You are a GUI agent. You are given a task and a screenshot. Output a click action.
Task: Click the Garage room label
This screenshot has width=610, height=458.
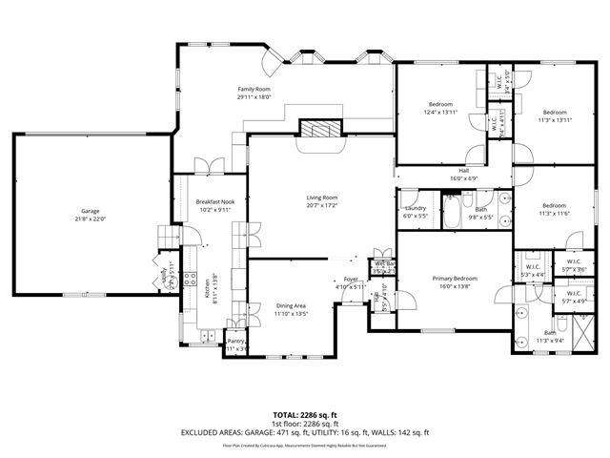90,211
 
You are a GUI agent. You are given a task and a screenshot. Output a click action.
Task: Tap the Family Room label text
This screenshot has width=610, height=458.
254,89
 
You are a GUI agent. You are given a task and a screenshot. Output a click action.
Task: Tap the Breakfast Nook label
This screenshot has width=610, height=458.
214,202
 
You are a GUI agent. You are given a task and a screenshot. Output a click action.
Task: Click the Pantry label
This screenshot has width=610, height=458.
235,342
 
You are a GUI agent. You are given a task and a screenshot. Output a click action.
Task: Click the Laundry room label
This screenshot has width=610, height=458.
415,208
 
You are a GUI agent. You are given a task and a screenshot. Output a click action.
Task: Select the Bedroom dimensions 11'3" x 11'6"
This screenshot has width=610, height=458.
555,213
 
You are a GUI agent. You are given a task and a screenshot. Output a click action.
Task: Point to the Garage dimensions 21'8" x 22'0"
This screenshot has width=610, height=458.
90,219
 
